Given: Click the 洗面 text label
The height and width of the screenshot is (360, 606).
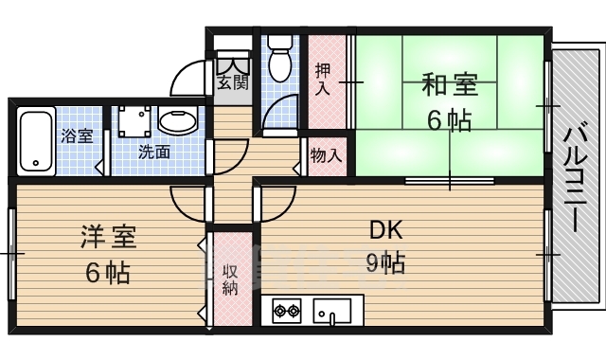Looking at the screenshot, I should pyautogui.click(x=154, y=152).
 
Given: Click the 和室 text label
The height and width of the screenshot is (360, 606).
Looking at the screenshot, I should pyautogui.click(x=449, y=86).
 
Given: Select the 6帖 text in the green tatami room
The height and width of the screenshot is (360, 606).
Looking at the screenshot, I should pyautogui.click(x=449, y=121).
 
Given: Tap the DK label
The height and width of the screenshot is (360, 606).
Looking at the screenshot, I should pyautogui.click(x=385, y=229).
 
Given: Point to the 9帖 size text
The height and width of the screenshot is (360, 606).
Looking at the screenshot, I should pyautogui.click(x=385, y=261).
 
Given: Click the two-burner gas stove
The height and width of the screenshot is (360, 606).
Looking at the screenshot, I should pyautogui.click(x=286, y=310).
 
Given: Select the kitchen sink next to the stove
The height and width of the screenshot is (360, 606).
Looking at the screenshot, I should pyautogui.click(x=332, y=310).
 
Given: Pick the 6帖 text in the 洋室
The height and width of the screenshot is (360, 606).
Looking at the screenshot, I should pyautogui.click(x=107, y=273).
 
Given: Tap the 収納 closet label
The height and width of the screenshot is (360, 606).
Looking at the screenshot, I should pyautogui.click(x=230, y=279).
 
